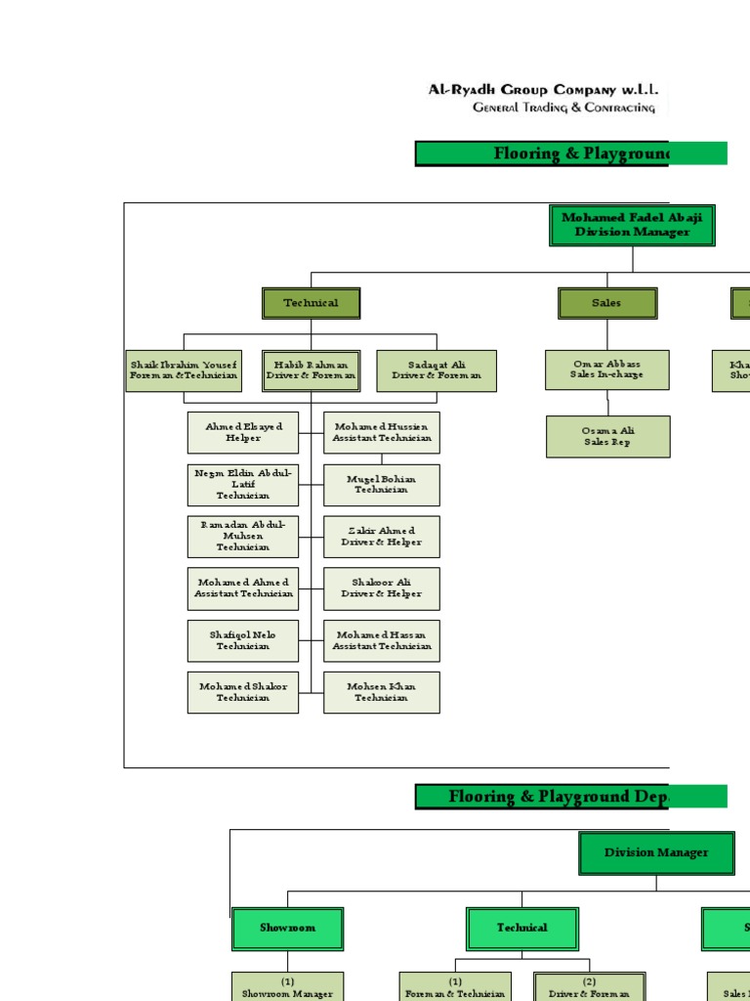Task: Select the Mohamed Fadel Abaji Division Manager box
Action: (632, 225)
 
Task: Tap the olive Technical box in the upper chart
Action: (311, 303)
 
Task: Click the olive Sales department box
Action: (607, 303)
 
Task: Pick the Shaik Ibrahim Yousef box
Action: (184, 370)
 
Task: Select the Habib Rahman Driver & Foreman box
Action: (311, 370)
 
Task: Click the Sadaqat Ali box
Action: (437, 370)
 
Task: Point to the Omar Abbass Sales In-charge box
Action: (607, 370)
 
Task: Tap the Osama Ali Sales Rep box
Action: (607, 436)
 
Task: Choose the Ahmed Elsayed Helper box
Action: (243, 432)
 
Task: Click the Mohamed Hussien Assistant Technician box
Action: (382, 432)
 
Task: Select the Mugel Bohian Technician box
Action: (382, 485)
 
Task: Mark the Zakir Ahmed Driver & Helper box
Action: (382, 537)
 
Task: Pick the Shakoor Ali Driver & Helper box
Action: (382, 588)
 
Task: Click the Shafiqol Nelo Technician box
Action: (243, 640)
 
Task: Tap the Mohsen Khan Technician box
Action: (382, 692)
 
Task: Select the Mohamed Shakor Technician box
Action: (243, 692)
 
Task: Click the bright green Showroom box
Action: (287, 928)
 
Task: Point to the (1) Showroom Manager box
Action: (287, 986)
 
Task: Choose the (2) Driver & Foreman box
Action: (589, 986)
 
